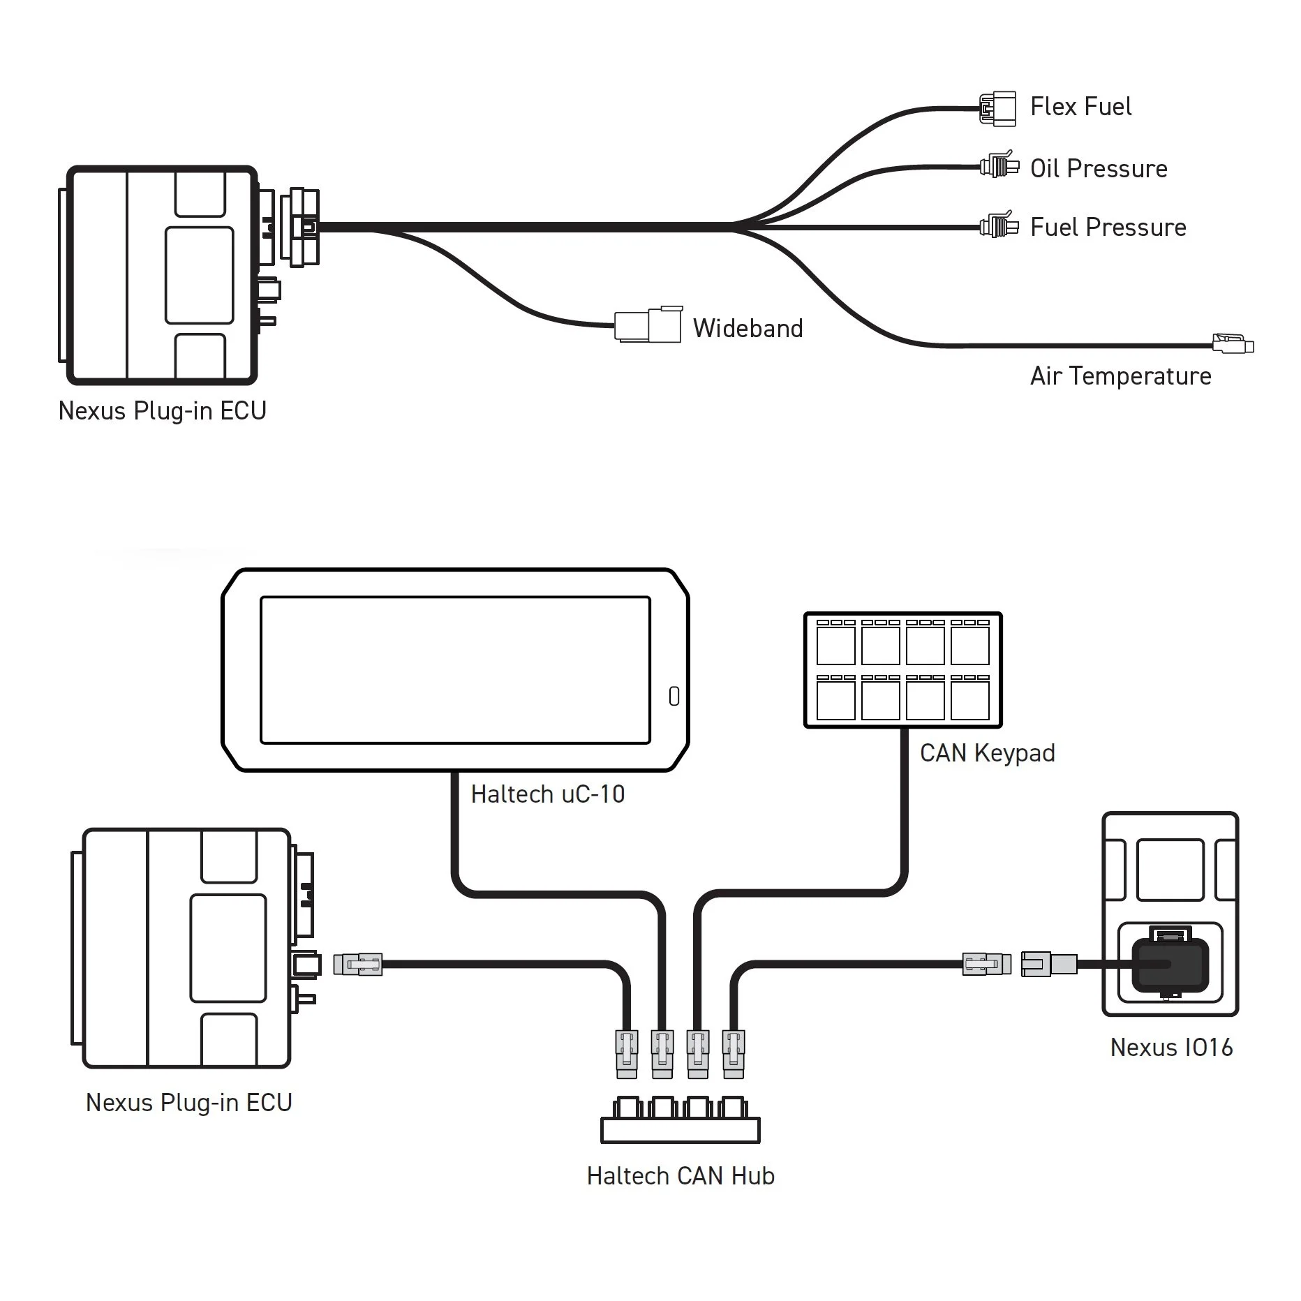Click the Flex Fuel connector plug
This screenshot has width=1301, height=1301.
(x=997, y=109)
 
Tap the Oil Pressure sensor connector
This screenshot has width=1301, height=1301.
(x=999, y=166)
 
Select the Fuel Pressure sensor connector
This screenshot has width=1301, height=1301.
(x=999, y=226)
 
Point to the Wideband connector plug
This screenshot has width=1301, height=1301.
(x=648, y=325)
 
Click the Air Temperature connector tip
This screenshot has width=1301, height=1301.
(x=1233, y=344)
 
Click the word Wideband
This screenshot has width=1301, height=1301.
(x=748, y=328)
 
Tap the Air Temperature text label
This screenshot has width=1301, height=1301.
(x=1120, y=376)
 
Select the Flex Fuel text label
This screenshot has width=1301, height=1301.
(x=1080, y=107)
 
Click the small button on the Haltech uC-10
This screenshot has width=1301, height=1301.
(x=674, y=696)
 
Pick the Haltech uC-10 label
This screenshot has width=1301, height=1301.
(x=547, y=794)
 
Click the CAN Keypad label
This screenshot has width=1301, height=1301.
(x=987, y=753)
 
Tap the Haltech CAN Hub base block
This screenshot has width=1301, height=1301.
(x=680, y=1130)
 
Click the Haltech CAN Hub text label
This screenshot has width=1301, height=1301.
(x=680, y=1176)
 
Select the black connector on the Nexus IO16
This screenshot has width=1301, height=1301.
(x=1170, y=965)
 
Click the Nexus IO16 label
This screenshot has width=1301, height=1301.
(x=1170, y=1048)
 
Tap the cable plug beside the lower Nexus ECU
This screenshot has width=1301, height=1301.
(x=357, y=965)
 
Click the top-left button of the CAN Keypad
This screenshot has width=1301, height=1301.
(x=835, y=645)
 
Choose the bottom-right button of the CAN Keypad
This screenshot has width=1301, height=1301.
(x=969, y=699)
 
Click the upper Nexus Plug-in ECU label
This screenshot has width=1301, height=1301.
(x=162, y=411)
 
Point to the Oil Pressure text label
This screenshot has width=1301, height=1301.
(x=1098, y=169)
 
